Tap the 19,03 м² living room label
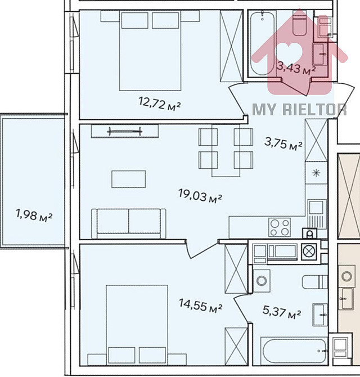[x=200, y=197]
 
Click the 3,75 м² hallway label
[x=283, y=144]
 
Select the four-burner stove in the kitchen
[x=279, y=227]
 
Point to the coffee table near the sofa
[x=128, y=179]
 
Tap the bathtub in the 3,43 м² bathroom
[x=260, y=45]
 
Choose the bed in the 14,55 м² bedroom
[x=137, y=324]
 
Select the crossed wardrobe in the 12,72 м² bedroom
[x=231, y=45]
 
